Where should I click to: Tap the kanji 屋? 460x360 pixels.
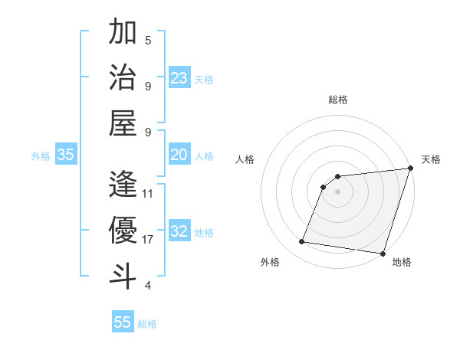[123, 124]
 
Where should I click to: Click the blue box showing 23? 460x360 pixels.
[179, 78]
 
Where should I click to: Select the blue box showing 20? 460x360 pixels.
[179, 155]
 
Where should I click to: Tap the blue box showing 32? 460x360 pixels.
[179, 232]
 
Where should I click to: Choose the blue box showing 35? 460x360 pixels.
[66, 155]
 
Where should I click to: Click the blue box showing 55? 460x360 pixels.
[123, 322]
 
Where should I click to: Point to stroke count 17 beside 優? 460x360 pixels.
[149, 240]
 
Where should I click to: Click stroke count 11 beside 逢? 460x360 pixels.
[149, 194]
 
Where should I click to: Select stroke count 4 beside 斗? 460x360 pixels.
[147, 286]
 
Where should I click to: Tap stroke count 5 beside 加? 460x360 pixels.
[147, 41]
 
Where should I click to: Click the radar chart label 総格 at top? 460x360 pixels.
[337, 100]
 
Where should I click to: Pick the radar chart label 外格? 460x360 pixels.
[270, 262]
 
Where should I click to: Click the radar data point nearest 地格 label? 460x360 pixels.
[383, 253]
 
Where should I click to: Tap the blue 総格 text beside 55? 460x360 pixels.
[147, 324]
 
